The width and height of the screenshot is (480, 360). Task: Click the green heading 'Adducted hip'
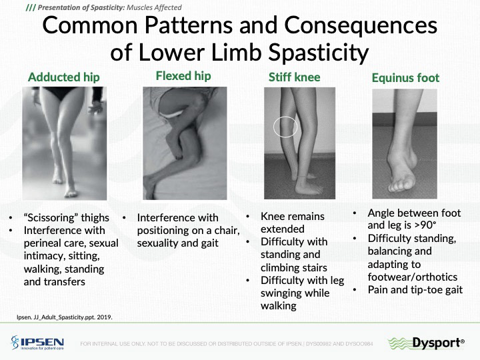(64, 77)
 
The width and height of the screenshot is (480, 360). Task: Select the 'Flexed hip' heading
(183, 76)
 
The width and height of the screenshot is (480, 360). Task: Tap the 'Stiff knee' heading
(294, 77)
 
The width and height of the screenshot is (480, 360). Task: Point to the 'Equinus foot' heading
(405, 78)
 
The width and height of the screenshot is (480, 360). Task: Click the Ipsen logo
(37, 343)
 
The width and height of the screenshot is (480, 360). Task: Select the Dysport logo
(426, 343)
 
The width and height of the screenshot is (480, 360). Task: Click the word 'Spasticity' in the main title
(318, 53)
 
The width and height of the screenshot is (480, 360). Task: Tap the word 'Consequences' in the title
(361, 25)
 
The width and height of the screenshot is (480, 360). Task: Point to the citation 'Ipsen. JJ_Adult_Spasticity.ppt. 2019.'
(64, 317)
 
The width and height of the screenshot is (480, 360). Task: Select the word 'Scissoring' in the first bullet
(49, 217)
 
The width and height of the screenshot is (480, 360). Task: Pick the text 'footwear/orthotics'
(413, 277)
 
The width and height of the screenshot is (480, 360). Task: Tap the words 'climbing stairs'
(293, 267)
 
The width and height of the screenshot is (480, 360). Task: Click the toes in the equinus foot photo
(399, 186)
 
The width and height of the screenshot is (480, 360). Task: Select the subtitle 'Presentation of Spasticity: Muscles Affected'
(104, 7)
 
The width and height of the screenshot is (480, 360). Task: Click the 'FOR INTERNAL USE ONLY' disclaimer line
(227, 344)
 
